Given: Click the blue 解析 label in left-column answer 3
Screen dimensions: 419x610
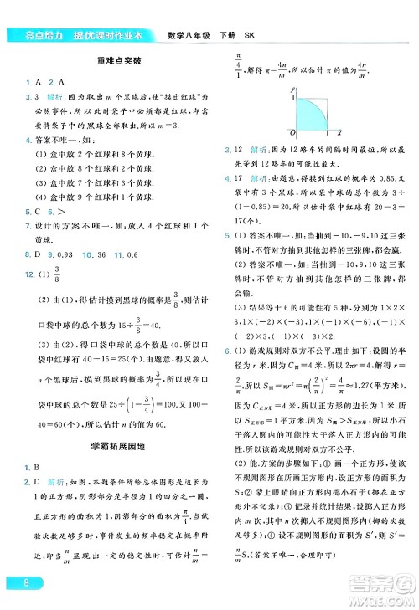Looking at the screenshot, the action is (x=49, y=98).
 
